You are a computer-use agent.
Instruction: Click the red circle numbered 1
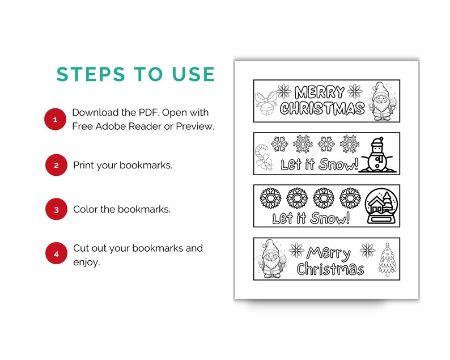click(x=55, y=120)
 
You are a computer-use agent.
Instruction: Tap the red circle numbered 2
click(x=56, y=165)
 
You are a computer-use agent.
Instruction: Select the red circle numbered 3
click(x=56, y=210)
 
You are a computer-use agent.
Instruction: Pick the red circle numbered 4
click(x=56, y=254)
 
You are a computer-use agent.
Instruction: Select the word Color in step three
click(x=86, y=210)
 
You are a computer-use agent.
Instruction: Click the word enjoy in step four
click(x=86, y=262)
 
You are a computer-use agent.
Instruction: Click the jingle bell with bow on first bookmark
click(x=265, y=103)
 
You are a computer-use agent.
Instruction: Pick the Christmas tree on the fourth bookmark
click(x=387, y=259)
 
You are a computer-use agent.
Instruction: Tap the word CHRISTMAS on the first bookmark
click(x=322, y=108)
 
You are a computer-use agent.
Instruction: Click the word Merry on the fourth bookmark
click(x=329, y=252)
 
